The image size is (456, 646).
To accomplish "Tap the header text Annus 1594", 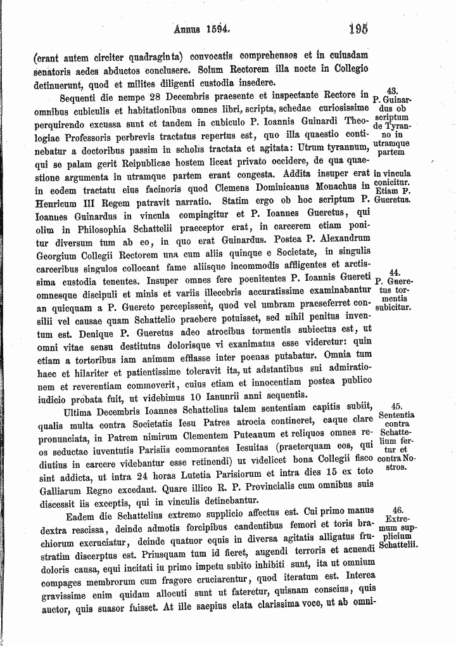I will (199, 29).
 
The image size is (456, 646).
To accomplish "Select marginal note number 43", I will (392, 91).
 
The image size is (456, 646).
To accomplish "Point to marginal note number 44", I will (392, 272).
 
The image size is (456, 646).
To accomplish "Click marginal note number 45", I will (397, 406).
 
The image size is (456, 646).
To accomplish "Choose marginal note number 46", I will (398, 510).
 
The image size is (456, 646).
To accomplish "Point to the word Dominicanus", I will (285, 186).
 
